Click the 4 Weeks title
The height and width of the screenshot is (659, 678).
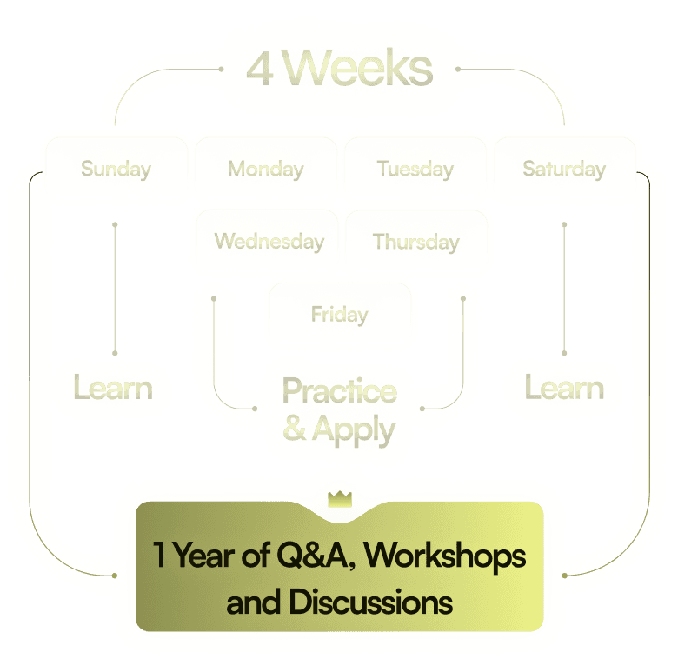pos(339,70)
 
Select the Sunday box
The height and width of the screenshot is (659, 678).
pos(116,169)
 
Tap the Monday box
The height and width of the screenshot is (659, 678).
pos(266,169)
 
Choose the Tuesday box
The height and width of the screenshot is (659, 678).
pos(415,169)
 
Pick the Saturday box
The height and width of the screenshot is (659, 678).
pos(564,169)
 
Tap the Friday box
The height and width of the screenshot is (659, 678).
pos(339,314)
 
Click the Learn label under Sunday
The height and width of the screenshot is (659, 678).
pos(112,388)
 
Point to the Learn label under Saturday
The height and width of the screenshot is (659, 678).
pos(564,388)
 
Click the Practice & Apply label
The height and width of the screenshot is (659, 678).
pos(339,409)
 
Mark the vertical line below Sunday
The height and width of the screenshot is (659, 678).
pos(115,287)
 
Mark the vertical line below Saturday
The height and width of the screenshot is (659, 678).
pos(564,287)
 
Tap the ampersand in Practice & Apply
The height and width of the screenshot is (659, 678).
pos(295,429)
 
